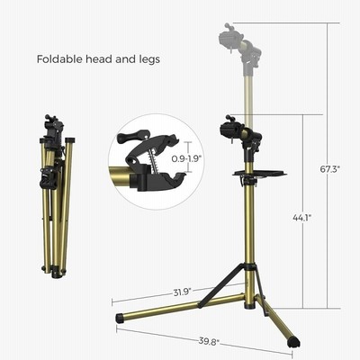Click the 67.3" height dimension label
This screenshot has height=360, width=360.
[x=329, y=169]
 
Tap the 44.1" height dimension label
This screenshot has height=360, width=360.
[x=302, y=218]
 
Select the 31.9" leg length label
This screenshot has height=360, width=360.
[x=183, y=292]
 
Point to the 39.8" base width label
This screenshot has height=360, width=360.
[x=209, y=341]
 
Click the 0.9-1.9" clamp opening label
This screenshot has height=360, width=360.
[x=186, y=158]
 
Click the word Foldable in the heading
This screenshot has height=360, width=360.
[x=59, y=58]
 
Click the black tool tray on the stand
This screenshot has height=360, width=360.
[x=260, y=174]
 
